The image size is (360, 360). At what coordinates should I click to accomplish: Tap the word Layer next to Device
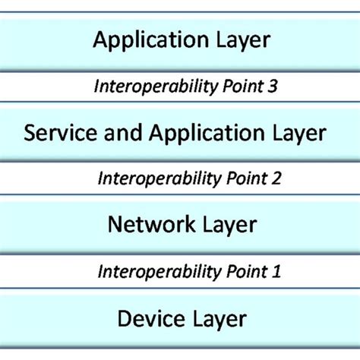point(217,318)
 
